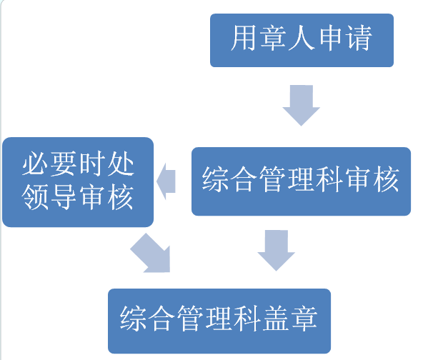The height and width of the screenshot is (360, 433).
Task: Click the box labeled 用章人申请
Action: point(302,40)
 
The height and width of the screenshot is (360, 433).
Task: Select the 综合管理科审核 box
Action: point(301,181)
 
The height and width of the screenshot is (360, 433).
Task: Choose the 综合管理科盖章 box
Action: point(219,320)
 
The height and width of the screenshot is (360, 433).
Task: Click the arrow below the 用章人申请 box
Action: point(301,104)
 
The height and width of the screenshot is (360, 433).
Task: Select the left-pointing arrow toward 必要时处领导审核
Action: point(166,181)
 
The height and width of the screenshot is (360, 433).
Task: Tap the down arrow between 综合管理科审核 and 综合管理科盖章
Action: point(275,250)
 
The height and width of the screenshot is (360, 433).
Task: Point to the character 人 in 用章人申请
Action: point(302,39)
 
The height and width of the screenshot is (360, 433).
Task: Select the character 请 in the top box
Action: point(359,39)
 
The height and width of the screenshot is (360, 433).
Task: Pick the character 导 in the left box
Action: point(64,197)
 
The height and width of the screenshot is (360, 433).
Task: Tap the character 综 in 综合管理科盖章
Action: point(134,319)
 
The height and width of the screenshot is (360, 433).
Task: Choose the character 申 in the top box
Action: point(330,39)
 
